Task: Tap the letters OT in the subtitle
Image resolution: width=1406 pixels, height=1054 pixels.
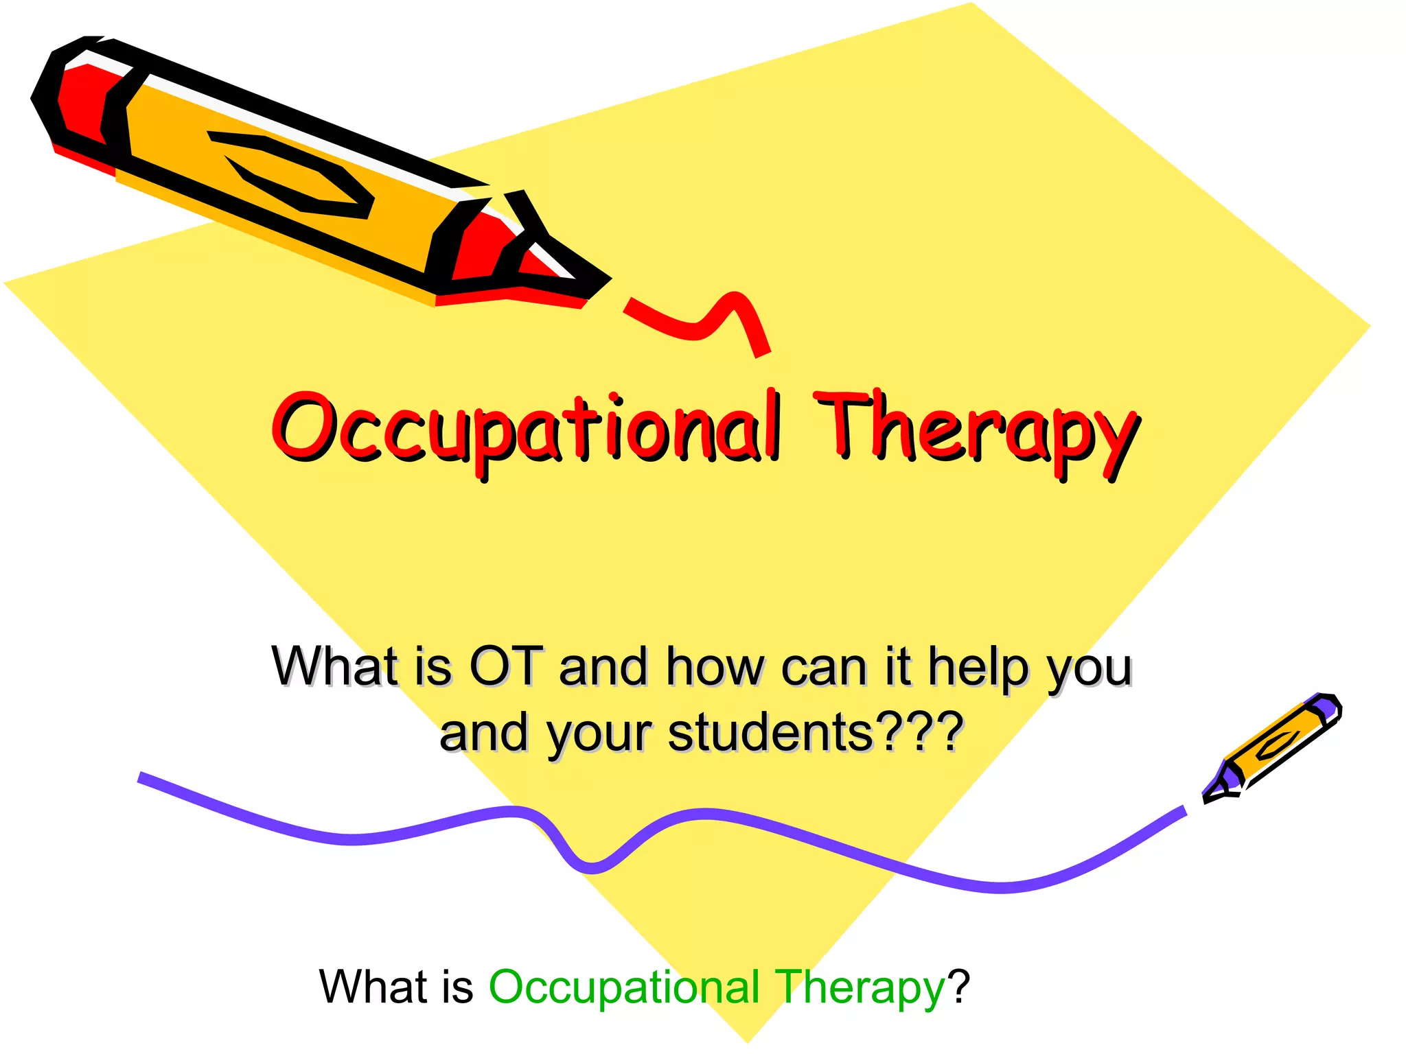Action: click(x=506, y=666)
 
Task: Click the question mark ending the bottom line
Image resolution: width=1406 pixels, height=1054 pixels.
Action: click(x=958, y=987)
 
